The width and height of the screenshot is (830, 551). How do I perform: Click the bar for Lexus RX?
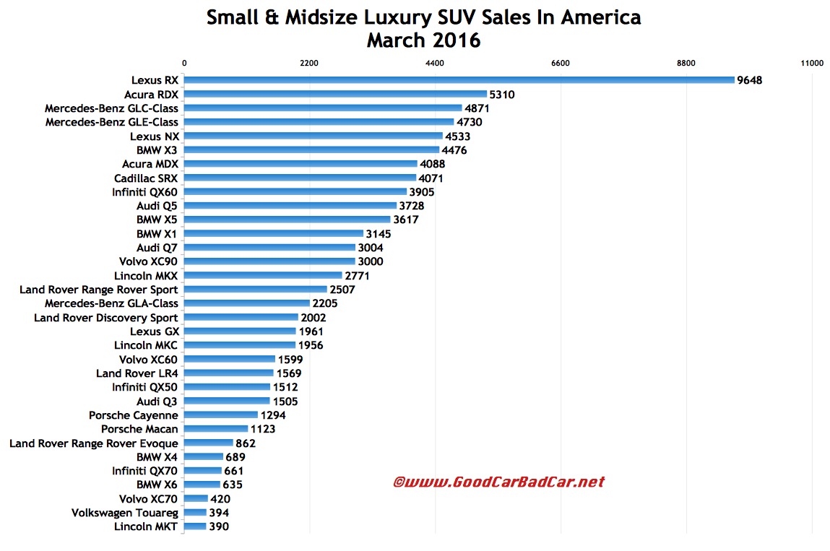click(459, 80)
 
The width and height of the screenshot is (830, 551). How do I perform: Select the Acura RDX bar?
click(335, 94)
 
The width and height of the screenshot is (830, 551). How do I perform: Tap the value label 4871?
click(478, 108)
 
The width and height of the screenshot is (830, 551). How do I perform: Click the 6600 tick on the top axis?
click(560, 64)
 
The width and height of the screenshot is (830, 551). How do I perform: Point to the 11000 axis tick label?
click(812, 64)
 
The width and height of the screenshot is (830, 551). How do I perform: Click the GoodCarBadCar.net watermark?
click(498, 482)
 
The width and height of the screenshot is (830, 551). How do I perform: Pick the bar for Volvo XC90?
click(269, 261)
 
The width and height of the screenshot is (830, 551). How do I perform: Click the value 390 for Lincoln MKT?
click(220, 527)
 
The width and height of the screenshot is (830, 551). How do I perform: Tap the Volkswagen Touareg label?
click(124, 513)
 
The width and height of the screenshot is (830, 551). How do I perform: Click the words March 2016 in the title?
click(423, 40)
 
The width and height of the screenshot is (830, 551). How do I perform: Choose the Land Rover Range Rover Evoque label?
click(93, 443)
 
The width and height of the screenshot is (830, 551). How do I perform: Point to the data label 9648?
click(750, 80)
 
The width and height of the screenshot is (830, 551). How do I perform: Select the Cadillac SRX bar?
click(300, 178)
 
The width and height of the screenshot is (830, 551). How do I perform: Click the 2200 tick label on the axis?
click(309, 64)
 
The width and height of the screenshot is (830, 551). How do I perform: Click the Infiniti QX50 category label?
click(144, 387)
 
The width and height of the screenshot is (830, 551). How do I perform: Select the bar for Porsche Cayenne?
click(220, 415)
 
